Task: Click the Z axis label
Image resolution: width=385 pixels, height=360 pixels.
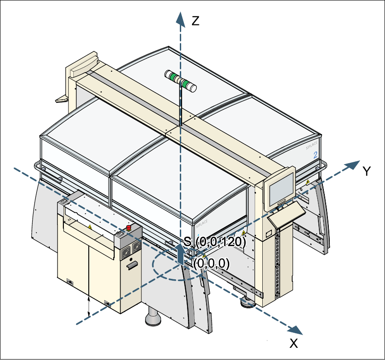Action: click(195, 21)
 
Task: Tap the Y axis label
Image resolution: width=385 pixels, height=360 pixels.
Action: click(367, 171)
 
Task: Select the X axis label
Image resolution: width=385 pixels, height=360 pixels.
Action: click(294, 344)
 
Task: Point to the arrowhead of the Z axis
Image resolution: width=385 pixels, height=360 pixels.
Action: click(180, 18)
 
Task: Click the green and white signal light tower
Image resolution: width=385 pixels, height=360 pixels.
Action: click(180, 80)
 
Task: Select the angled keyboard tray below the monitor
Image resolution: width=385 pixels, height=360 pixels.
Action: click(287, 215)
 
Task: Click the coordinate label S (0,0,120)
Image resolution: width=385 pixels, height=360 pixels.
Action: click(215, 242)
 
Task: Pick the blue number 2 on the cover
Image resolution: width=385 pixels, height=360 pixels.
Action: click(315, 155)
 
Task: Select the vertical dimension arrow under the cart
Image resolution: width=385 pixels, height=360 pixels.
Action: click(89, 307)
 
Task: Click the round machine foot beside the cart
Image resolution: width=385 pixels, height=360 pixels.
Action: click(153, 318)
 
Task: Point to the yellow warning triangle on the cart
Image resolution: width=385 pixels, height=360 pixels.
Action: click(90, 226)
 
